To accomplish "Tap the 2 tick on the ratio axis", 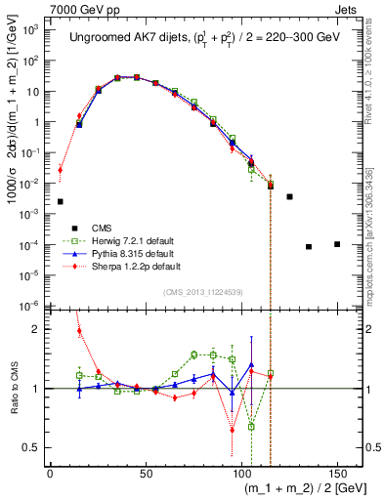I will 40,329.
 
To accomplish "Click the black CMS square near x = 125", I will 289,196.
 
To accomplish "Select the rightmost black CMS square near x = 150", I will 337,244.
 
